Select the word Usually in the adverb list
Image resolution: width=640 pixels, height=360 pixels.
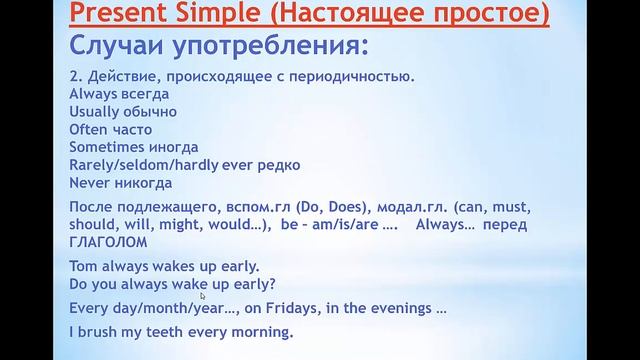coord(97,111)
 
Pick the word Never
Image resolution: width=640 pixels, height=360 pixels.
coord(90,183)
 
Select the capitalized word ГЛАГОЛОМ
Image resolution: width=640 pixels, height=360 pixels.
coord(109,242)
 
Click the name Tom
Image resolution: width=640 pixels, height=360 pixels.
coord(83,266)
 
